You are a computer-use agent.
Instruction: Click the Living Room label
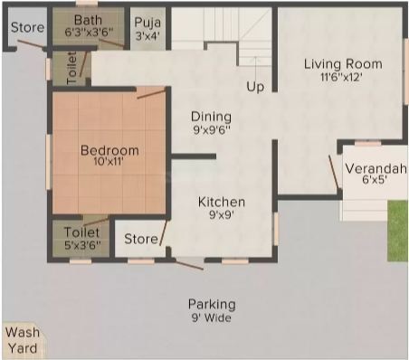click(343, 64)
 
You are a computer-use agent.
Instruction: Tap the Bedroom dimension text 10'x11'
click(109, 162)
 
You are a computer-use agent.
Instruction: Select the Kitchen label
click(222, 202)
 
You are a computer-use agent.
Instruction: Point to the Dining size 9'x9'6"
click(212, 130)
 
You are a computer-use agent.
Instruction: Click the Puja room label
click(147, 23)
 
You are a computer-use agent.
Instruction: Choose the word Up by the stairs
click(255, 87)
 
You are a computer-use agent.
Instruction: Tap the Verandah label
click(376, 168)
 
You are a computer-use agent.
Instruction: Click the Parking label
click(212, 305)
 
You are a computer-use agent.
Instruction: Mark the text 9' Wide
click(212, 317)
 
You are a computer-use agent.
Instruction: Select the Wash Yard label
click(23, 340)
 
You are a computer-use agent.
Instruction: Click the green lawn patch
click(397, 231)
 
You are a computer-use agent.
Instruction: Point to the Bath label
click(88, 20)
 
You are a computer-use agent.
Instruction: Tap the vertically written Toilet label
click(71, 68)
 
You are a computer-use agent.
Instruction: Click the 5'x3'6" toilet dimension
click(82, 245)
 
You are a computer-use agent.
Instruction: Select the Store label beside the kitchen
click(141, 239)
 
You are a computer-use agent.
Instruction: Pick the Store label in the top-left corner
click(27, 27)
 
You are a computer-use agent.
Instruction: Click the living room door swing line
click(334, 173)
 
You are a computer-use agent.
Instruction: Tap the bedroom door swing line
click(151, 93)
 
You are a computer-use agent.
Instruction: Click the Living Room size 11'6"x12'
click(341, 78)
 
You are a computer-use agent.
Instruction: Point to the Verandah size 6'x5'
click(375, 180)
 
